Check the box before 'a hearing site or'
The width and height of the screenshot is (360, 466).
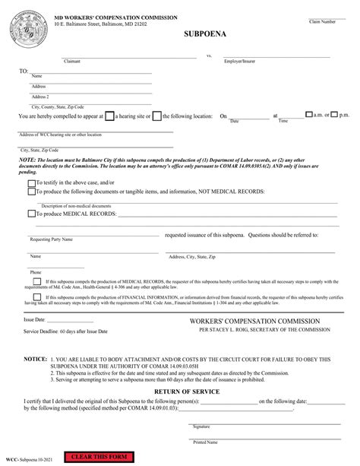109,116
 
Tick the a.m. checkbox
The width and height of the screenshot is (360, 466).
308,115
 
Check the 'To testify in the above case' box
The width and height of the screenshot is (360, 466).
31,183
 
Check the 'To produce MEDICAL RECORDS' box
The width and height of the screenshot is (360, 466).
31,214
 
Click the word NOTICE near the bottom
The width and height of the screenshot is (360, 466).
35,357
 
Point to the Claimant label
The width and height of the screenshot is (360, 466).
72,61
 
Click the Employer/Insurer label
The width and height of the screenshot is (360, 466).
238,61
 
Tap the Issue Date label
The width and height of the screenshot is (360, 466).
35,320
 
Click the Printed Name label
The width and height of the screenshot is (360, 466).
205,442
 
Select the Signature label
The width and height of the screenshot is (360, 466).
201,426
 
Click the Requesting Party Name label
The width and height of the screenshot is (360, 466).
51,239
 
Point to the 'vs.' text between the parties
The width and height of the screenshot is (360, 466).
210,55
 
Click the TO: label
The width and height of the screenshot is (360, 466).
24,71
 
